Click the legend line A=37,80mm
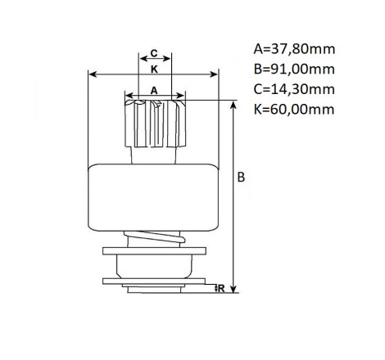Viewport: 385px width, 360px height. [x=294, y=49]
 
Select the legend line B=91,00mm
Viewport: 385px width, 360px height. [x=294, y=69]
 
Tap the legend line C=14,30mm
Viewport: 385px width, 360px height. [x=294, y=89]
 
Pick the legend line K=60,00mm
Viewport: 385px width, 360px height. [x=294, y=109]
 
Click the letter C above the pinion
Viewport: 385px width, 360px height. [x=154, y=53]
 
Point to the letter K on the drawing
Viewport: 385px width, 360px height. [x=154, y=70]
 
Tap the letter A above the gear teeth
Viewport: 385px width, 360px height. [x=154, y=91]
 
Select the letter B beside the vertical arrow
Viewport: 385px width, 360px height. [x=241, y=178]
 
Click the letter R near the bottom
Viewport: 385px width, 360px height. [x=221, y=288]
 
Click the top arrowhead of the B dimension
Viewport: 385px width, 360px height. [x=233, y=105]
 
